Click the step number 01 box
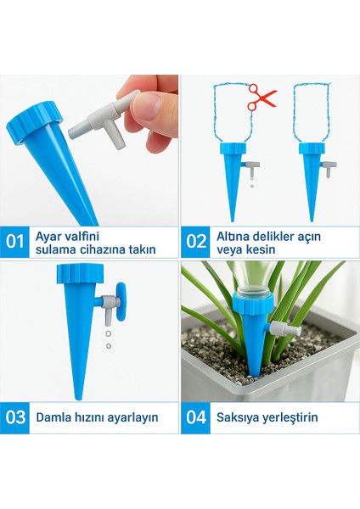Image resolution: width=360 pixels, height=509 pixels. (x=14, y=242)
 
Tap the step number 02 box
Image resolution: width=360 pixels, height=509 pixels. (x=196, y=242)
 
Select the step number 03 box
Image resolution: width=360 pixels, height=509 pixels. (x=14, y=417)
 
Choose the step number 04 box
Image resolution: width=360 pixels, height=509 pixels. (x=196, y=417)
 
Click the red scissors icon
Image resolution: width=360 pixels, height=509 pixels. (x=262, y=97)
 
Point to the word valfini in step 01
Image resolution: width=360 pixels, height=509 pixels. (x=82, y=236)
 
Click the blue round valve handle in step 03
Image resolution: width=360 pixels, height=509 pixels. (x=121, y=302)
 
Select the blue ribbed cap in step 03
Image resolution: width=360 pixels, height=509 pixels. (x=81, y=274)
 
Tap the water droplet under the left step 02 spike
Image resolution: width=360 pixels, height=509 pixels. (x=251, y=186)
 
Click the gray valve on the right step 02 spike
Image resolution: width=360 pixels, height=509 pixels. (x=329, y=167)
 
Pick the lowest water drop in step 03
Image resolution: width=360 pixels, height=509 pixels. (x=109, y=346)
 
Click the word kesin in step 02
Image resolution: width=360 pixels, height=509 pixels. (x=261, y=249)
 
